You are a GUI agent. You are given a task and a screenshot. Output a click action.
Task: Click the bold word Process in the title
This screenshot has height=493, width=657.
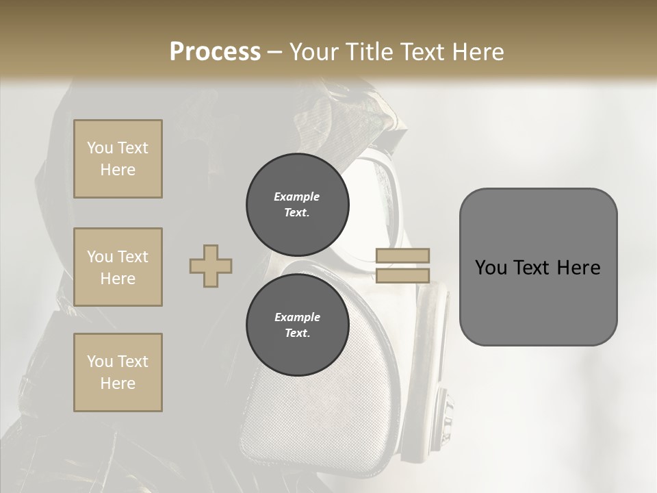click(215, 51)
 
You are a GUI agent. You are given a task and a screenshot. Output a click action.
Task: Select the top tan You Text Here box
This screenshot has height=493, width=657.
click(118, 159)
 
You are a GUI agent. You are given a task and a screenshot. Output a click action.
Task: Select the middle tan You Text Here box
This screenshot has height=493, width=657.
click(118, 267)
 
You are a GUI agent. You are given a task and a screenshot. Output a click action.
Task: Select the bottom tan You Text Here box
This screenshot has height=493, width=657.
click(118, 372)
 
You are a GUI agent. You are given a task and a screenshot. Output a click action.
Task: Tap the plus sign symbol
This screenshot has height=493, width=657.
click(211, 266)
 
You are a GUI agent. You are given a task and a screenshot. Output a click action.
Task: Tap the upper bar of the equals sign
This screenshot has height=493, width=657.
click(403, 255)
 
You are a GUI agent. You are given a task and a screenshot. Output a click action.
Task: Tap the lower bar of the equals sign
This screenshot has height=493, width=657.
click(403, 276)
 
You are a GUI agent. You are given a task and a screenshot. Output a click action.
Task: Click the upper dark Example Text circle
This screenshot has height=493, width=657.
click(297, 205)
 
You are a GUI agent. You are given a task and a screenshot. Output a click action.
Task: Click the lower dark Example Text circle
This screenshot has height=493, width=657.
click(297, 325)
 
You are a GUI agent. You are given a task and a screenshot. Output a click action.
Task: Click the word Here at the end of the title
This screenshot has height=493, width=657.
click(477, 51)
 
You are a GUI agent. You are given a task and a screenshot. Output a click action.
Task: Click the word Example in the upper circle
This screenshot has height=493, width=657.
click(297, 197)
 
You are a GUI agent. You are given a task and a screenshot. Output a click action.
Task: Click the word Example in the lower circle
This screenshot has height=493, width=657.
click(297, 317)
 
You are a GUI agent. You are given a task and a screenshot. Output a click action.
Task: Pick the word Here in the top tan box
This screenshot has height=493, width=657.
click(118, 170)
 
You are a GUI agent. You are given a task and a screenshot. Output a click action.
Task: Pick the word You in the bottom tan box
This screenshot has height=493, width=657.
click(99, 362)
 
